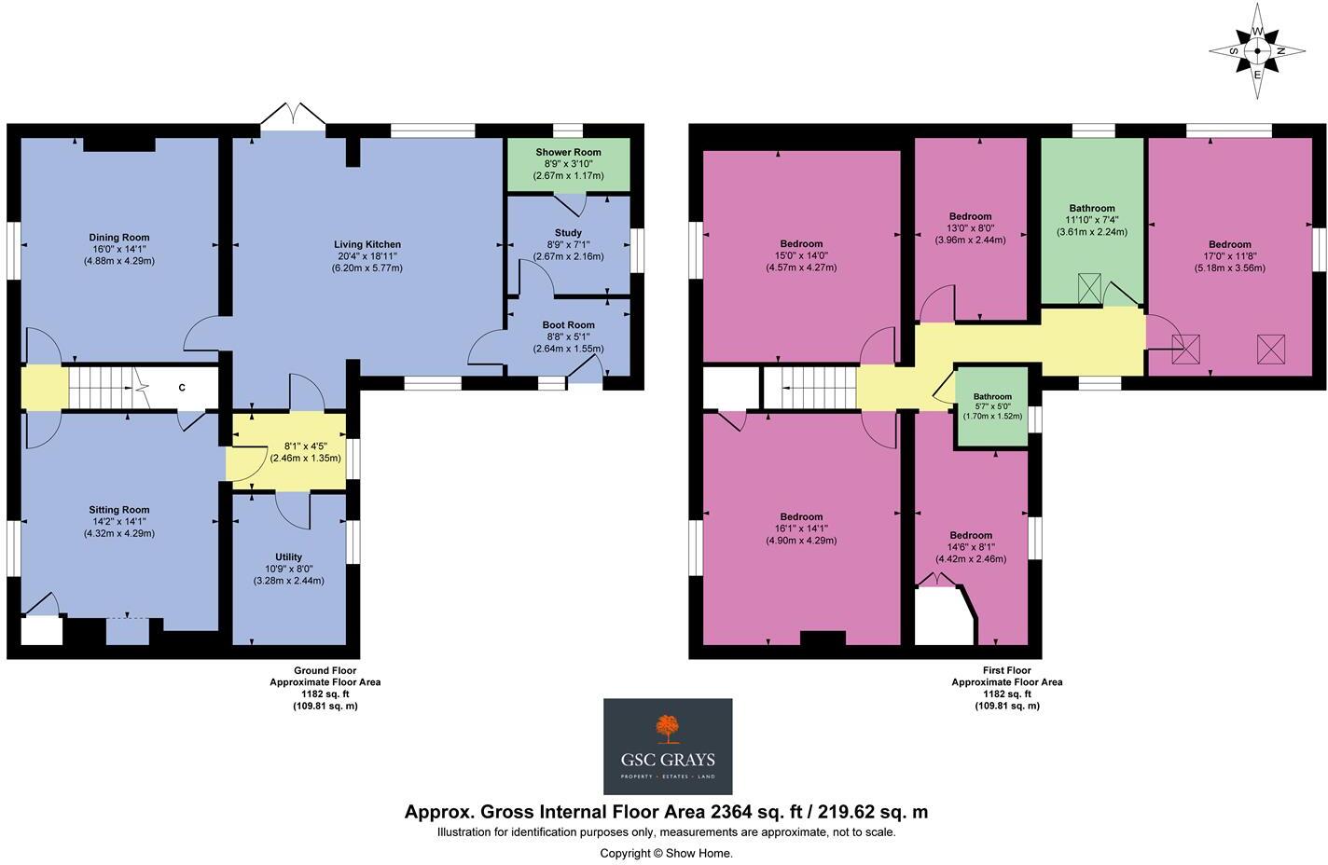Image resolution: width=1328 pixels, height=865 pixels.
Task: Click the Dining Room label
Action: click(x=118, y=238)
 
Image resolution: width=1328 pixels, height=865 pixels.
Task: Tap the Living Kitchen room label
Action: click(x=367, y=245)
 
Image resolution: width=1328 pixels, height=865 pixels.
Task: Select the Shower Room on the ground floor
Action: click(x=568, y=152)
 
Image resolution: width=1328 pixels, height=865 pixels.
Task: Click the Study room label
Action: click(x=568, y=233)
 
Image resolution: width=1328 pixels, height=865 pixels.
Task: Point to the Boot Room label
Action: click(x=568, y=325)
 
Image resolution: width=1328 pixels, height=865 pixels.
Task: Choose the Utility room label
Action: click(x=288, y=557)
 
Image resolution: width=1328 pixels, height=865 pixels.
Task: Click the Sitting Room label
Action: click(x=119, y=510)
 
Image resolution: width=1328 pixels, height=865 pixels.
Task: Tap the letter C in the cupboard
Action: click(x=182, y=388)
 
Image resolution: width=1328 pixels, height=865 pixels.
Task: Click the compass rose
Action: click(x=1256, y=51)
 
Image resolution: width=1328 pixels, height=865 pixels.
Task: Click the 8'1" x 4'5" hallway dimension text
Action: click(x=305, y=446)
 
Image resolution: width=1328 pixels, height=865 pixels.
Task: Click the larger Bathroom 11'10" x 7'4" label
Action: click(x=1091, y=209)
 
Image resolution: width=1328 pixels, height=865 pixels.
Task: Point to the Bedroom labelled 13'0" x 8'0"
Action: click(x=970, y=216)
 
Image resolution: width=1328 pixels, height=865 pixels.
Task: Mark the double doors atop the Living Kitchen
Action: click(x=293, y=117)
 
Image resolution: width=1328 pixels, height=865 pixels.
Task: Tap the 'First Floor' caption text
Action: click(x=1006, y=670)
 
